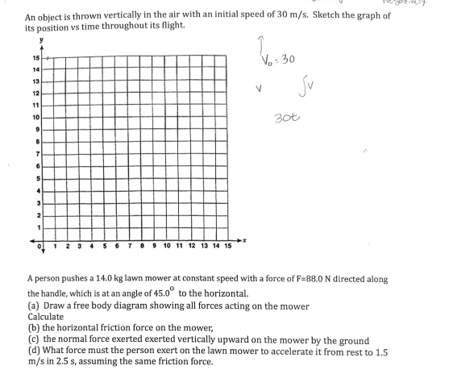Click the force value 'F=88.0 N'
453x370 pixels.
pyautogui.click(x=317, y=279)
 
